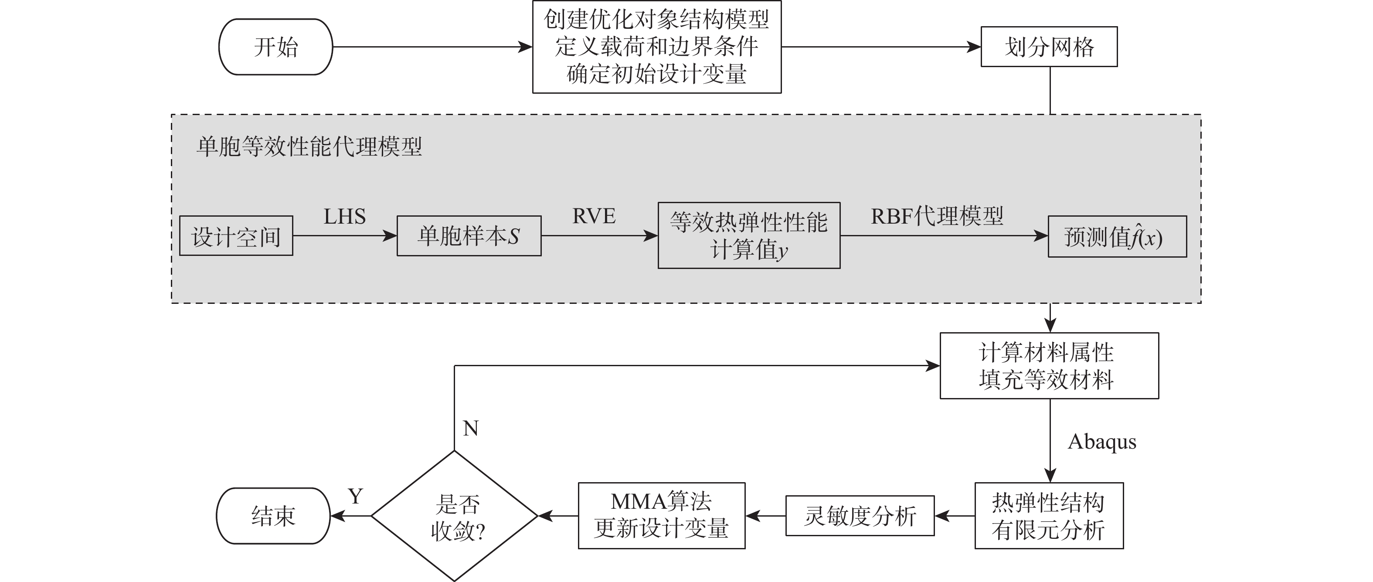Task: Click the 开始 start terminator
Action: pyautogui.click(x=275, y=47)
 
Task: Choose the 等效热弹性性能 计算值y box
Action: pyautogui.click(x=748, y=235)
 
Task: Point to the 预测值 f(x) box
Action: pyautogui.click(x=1117, y=237)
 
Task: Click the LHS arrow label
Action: pyautogui.click(x=344, y=216)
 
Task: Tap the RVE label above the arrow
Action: pyautogui.click(x=593, y=216)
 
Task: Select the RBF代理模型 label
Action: pyautogui.click(x=937, y=216)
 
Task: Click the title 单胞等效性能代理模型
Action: pyautogui.click(x=309, y=146)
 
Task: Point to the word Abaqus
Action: pyautogui.click(x=1102, y=442)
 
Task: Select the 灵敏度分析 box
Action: pyautogui.click(x=859, y=516)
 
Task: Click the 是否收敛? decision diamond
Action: pyautogui.click(x=455, y=516)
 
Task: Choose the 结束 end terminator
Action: pyautogui.click(x=273, y=516)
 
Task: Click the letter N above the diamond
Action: pyautogui.click(x=471, y=429)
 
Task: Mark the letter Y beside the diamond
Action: pyautogui.click(x=356, y=497)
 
